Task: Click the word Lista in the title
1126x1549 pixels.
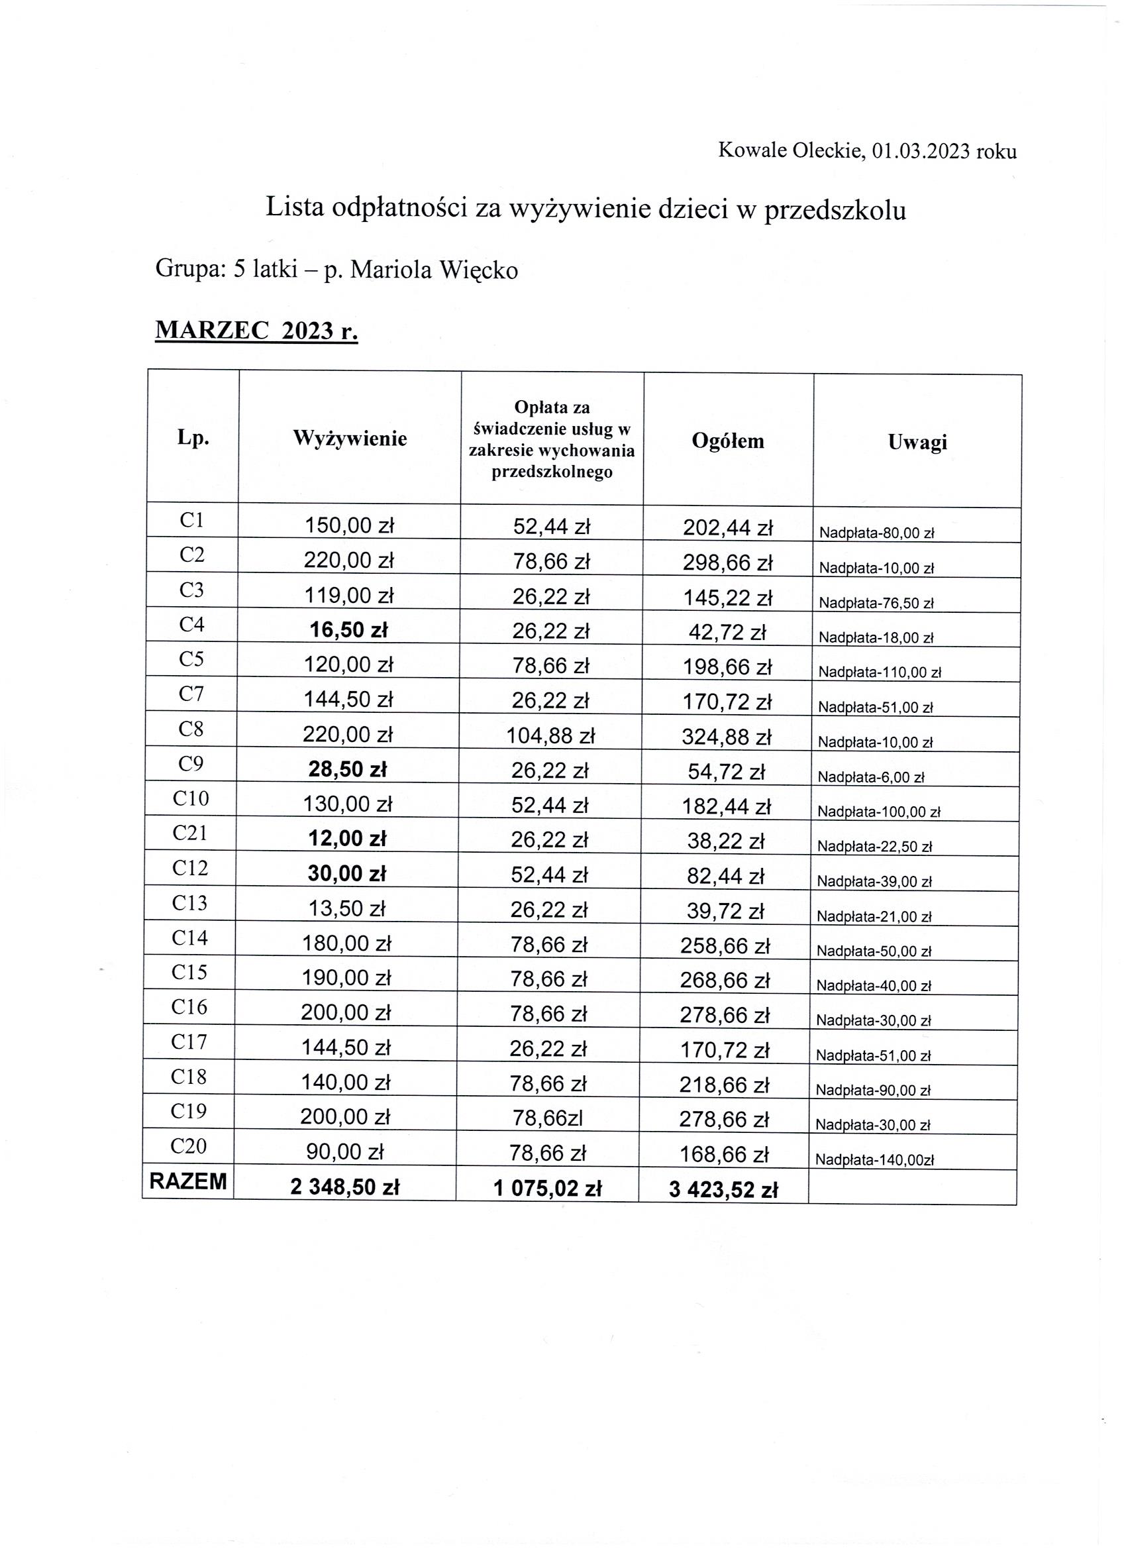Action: (294, 207)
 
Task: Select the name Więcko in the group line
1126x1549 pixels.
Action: (479, 270)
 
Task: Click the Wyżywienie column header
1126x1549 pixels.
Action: (350, 439)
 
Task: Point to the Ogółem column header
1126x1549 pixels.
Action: (728, 441)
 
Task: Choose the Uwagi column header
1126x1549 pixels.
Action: (917, 442)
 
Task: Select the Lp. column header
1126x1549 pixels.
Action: (193, 438)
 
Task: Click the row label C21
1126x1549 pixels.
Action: (190, 833)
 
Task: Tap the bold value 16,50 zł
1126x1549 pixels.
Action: (348, 630)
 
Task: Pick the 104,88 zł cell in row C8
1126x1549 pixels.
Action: (551, 735)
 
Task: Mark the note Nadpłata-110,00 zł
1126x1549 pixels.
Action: (880, 672)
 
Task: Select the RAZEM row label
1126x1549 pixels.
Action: (188, 1181)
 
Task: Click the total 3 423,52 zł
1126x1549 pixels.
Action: (724, 1190)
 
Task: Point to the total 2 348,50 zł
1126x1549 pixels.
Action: (345, 1188)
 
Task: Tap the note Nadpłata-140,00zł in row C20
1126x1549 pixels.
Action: (875, 1159)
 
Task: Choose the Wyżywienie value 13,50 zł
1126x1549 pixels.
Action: (347, 909)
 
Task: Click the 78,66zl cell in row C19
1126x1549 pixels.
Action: (548, 1117)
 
